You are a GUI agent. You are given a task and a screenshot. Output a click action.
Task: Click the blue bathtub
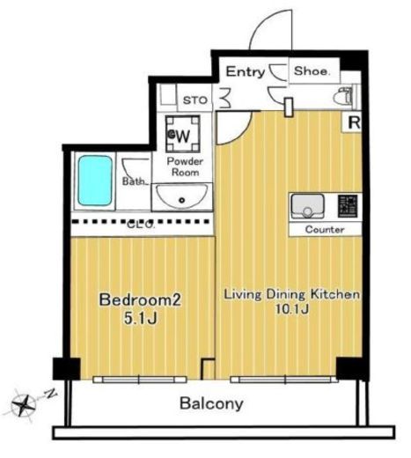(x=95, y=181)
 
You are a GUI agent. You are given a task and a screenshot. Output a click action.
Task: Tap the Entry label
(x=246, y=71)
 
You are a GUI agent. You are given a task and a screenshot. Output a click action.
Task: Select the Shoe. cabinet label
(x=312, y=70)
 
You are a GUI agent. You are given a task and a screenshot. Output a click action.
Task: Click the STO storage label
(x=195, y=100)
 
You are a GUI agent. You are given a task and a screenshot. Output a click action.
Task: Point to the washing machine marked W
(x=183, y=134)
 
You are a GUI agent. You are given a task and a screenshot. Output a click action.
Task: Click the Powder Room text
(x=185, y=166)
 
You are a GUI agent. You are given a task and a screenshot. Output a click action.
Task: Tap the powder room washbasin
(x=182, y=196)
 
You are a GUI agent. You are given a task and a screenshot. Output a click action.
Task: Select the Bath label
(x=134, y=181)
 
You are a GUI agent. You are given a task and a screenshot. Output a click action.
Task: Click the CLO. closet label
(x=141, y=225)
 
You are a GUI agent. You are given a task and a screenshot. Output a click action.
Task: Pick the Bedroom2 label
(x=140, y=299)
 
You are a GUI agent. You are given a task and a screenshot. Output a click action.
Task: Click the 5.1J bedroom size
(x=141, y=318)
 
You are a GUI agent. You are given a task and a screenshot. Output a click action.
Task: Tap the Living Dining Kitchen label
(x=291, y=294)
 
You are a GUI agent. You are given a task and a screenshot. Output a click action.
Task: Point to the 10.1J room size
(x=292, y=309)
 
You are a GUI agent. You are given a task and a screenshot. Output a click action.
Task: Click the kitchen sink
(x=307, y=206)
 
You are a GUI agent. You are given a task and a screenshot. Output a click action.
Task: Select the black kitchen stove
(x=348, y=206)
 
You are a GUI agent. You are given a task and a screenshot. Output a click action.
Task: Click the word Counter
(x=325, y=229)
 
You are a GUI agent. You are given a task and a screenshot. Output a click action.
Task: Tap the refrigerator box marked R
(x=353, y=122)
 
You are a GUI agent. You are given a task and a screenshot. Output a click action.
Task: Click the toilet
(x=343, y=96)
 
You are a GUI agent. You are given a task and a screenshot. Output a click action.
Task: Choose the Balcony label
(x=211, y=403)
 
